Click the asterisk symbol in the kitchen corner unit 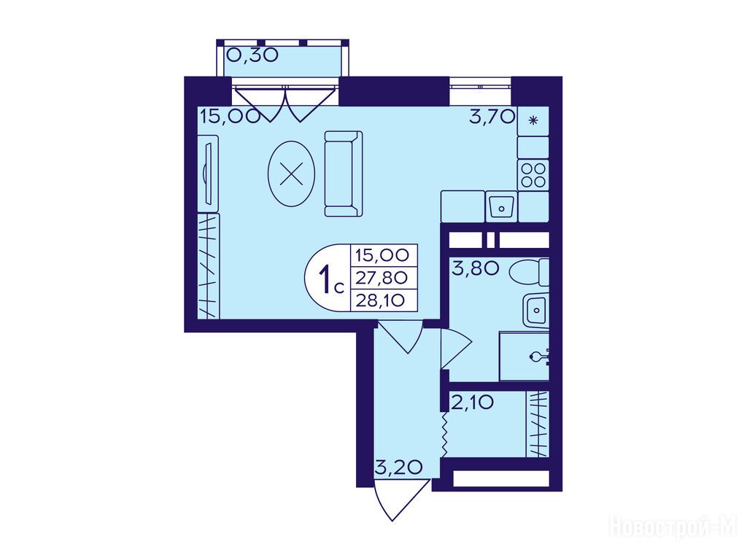pyautogui.click(x=533, y=120)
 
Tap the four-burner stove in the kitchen pyautogui.click(x=533, y=175)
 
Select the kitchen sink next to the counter pyautogui.click(x=501, y=206)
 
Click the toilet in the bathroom pyautogui.click(x=530, y=273)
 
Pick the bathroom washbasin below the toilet pyautogui.click(x=536, y=310)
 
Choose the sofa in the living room pyautogui.click(x=344, y=174)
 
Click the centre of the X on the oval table pyautogui.click(x=291, y=174)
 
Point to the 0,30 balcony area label pyautogui.click(x=252, y=55)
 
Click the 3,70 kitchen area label pyautogui.click(x=492, y=116)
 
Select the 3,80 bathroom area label pyautogui.click(x=475, y=268)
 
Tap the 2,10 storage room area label pyautogui.click(x=472, y=403)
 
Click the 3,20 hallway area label pyautogui.click(x=399, y=467)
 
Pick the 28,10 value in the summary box pyautogui.click(x=380, y=300)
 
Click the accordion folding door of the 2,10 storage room pyautogui.click(x=444, y=435)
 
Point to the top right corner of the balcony pyautogui.click(x=349, y=40)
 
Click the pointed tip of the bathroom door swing pyautogui.click(x=472, y=341)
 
